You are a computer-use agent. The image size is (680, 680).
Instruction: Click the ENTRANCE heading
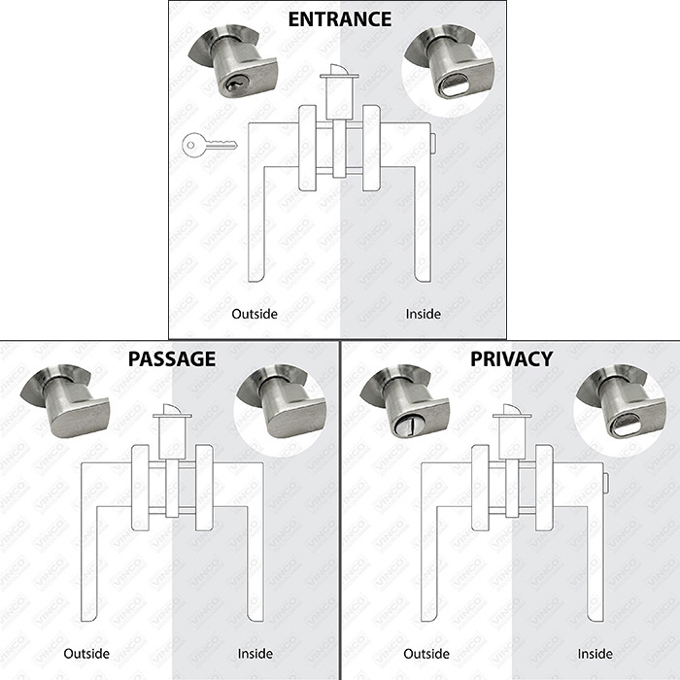click(340, 19)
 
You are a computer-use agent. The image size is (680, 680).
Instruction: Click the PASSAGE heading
click(172, 359)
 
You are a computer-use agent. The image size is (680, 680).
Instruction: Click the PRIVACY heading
click(512, 359)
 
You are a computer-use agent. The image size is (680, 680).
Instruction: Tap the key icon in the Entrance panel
click(210, 145)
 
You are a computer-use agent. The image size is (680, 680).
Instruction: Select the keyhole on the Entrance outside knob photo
click(235, 83)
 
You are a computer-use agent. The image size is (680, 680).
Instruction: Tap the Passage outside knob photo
click(65, 400)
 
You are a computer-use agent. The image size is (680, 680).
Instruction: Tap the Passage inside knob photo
click(282, 400)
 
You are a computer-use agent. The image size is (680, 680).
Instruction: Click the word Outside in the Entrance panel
click(255, 314)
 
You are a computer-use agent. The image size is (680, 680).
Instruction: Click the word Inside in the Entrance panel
click(424, 314)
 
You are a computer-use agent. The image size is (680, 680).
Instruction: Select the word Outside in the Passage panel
click(86, 654)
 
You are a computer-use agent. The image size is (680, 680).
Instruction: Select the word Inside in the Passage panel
click(255, 654)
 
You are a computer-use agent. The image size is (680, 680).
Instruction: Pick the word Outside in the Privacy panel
click(426, 654)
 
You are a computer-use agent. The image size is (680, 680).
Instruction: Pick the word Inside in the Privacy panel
click(595, 654)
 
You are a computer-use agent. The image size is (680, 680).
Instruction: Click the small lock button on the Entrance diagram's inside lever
click(433, 143)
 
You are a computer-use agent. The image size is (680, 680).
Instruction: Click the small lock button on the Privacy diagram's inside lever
click(605, 483)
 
